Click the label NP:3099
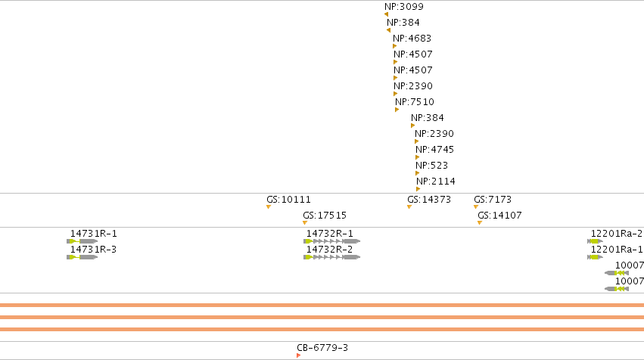coord(404,7)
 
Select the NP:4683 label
coord(412,39)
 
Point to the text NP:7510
coord(415,102)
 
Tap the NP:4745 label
coord(434,150)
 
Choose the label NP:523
coord(431,166)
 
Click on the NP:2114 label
coord(435,182)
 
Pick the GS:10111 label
coord(289,200)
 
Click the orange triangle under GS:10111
coord(269,207)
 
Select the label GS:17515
coord(325,216)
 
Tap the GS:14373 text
coord(429,200)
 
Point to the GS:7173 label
coord(493,200)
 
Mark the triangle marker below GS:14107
coord(480,223)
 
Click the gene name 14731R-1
coord(94,234)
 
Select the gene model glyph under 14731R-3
coord(82,257)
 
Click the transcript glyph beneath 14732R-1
coord(332,241)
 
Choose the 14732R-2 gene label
coord(329,250)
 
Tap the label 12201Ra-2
coord(617,234)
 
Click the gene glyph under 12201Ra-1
coord(595,257)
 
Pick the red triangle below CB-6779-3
coord(299,355)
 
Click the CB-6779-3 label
coord(322,348)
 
